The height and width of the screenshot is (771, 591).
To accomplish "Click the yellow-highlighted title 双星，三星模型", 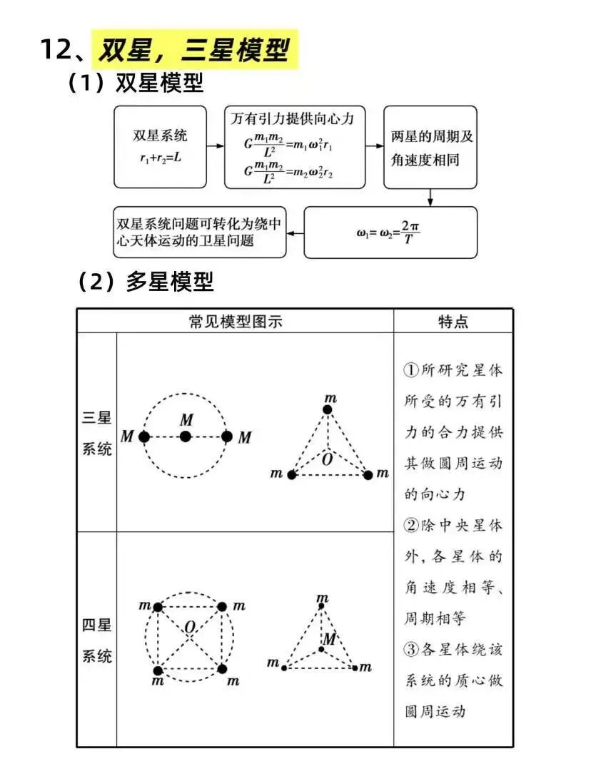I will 194,50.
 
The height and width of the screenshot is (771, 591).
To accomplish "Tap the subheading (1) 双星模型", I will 136,83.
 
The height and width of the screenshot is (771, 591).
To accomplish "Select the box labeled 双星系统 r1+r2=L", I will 161,147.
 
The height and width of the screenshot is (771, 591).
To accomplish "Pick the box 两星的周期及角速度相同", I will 430,147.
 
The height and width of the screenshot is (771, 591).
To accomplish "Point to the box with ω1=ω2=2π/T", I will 390,232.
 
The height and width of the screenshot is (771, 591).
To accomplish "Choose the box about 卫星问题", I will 200,232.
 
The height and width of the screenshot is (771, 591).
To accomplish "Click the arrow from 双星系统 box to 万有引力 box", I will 215,147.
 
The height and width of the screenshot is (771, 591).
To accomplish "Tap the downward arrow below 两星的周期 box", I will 430,197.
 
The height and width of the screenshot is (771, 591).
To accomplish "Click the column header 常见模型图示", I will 236,322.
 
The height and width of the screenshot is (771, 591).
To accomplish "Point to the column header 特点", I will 453,322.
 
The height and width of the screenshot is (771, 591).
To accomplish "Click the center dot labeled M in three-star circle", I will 186,436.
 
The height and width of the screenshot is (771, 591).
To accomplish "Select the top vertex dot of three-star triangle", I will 328,409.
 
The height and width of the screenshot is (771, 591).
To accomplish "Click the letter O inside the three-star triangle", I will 327,459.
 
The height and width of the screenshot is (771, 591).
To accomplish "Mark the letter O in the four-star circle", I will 189,628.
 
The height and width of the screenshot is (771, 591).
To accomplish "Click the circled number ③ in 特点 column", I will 410,650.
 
